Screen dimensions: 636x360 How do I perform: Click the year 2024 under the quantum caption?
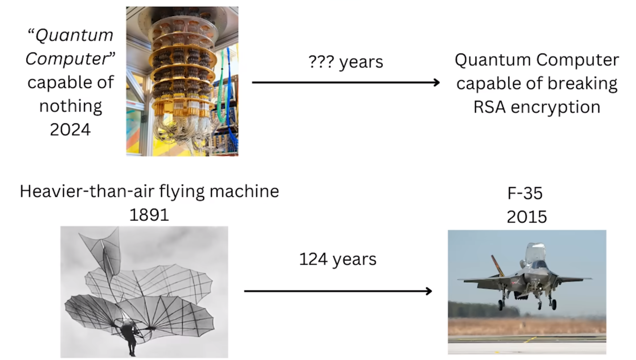[70, 129]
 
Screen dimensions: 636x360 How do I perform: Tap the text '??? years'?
[346, 62]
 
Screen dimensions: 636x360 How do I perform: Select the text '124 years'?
[338, 259]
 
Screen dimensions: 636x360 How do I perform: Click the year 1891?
[149, 215]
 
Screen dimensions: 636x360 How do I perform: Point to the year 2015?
[527, 217]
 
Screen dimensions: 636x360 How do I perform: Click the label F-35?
[525, 193]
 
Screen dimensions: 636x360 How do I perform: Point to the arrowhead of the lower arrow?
[428, 291]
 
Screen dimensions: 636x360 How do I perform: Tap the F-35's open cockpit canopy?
[535, 252]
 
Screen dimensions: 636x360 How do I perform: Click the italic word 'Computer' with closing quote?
[70, 59]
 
